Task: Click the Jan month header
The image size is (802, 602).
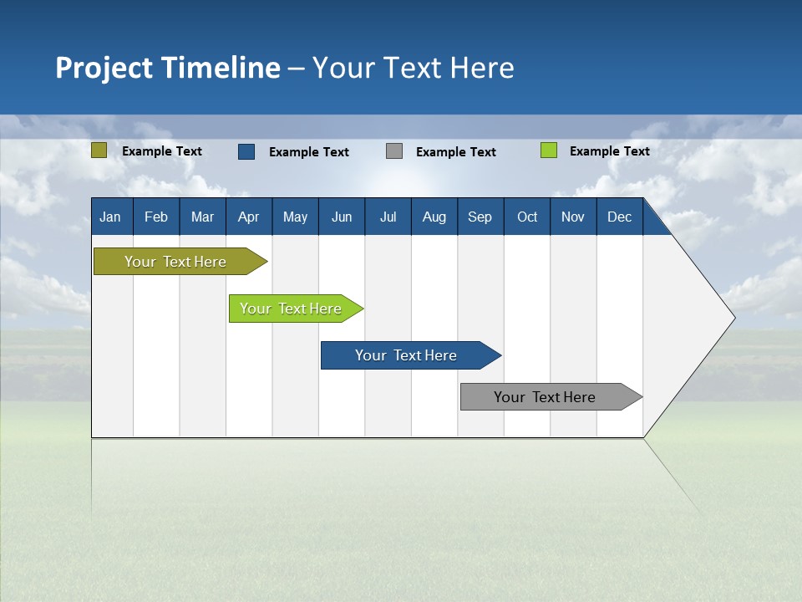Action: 110,217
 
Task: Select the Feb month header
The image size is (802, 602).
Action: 156,217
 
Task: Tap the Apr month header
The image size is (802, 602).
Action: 248,217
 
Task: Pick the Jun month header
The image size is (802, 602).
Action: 342,217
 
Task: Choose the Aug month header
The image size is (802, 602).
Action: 434,217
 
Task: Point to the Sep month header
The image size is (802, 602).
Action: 480,217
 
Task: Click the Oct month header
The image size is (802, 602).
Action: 527,217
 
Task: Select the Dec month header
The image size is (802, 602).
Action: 619,217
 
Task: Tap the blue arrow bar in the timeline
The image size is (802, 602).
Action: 407,355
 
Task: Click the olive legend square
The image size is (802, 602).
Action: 99,150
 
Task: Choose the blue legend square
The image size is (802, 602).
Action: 246,151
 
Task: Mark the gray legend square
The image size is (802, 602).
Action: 394,151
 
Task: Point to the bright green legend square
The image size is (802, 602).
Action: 548,150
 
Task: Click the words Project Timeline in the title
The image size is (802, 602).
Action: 167,68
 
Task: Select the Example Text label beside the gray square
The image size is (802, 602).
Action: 456,152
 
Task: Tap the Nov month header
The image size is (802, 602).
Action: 573,217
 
